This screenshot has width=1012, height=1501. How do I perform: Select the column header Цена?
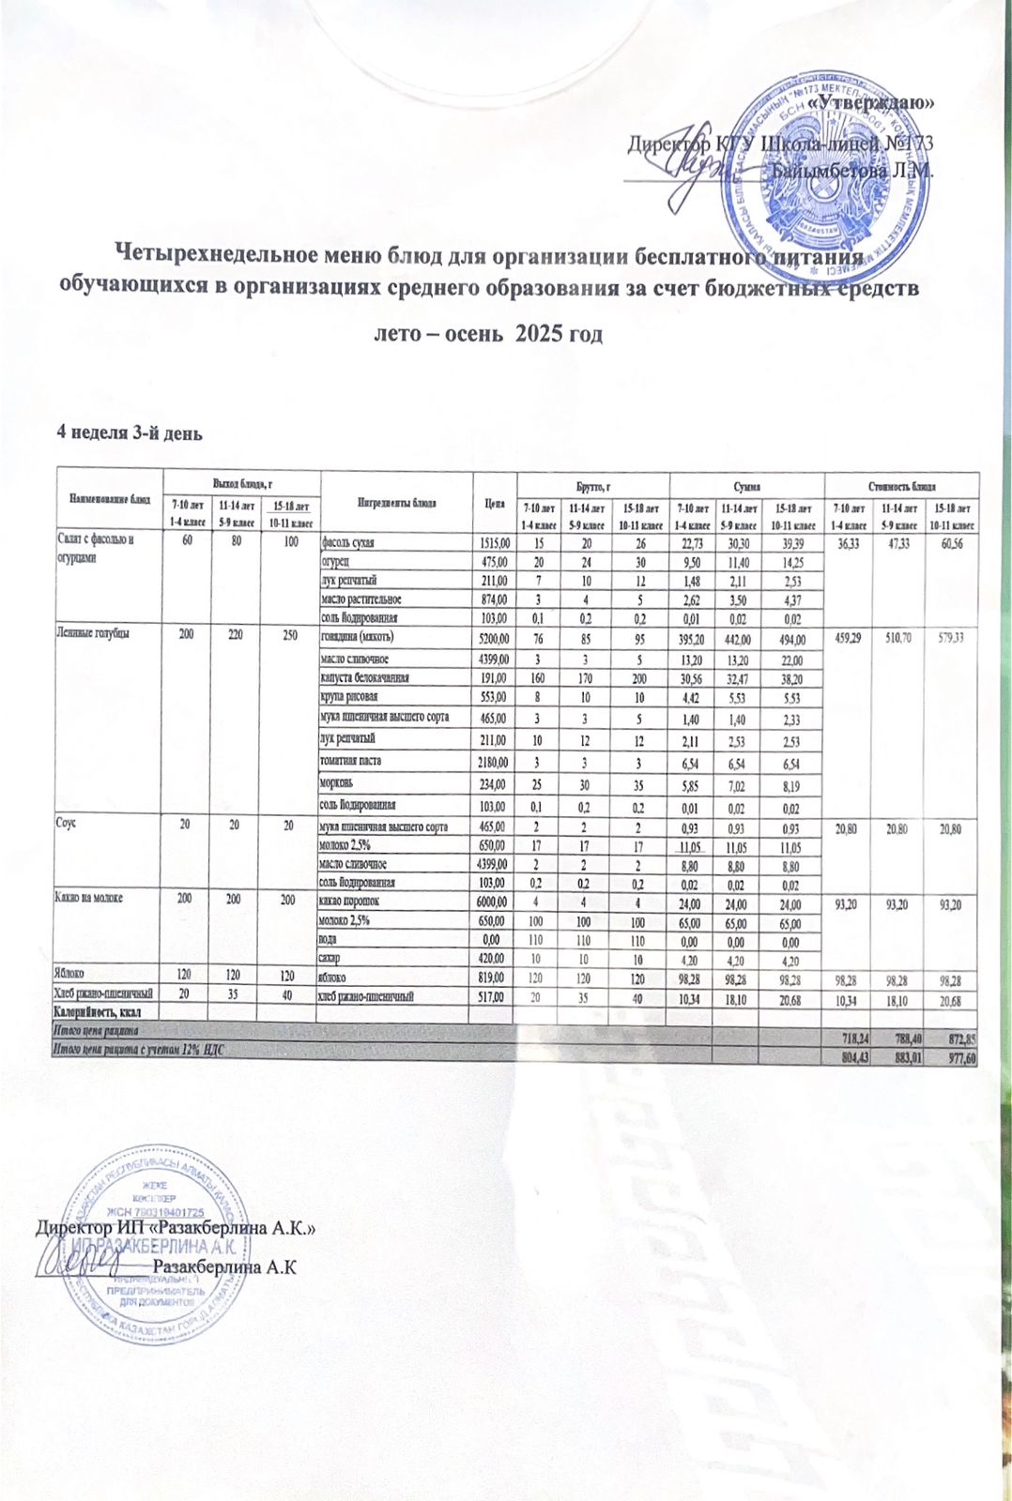click(x=495, y=502)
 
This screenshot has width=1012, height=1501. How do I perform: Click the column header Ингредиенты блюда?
click(x=397, y=502)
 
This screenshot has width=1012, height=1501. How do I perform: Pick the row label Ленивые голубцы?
click(x=90, y=633)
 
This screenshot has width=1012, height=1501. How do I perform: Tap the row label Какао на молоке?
click(x=90, y=898)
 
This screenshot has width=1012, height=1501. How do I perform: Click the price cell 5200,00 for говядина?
click(x=494, y=639)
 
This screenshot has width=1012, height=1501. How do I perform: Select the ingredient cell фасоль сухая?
click(x=349, y=542)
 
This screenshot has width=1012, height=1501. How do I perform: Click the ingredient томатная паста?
click(x=350, y=760)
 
